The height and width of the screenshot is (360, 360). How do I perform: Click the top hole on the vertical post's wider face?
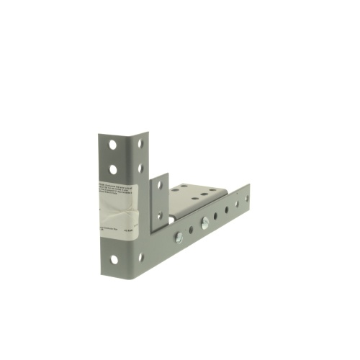tap(112, 145)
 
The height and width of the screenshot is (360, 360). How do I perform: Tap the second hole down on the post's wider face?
tap(112, 170)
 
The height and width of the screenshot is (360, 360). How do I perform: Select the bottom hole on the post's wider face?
tap(113, 259)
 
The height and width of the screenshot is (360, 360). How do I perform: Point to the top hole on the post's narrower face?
tap(140, 143)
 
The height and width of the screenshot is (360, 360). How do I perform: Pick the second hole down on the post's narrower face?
tap(140, 166)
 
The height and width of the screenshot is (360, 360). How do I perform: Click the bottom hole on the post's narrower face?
tap(140, 256)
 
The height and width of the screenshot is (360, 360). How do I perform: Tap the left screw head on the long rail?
tap(178, 236)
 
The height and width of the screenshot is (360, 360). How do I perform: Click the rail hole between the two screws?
tap(191, 230)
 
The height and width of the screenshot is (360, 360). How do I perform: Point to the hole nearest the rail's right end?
tap(246, 197)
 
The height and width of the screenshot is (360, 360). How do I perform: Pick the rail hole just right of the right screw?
tap(216, 215)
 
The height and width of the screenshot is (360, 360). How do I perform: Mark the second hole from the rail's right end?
tap(236, 203)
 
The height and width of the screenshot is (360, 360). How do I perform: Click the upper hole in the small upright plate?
tap(160, 185)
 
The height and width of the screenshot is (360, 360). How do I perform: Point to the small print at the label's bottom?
tap(115, 229)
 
